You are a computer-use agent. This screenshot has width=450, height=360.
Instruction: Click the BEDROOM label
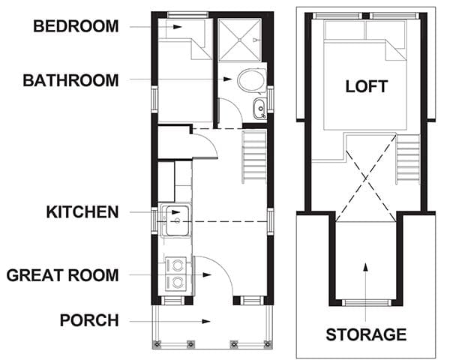click(x=76, y=26)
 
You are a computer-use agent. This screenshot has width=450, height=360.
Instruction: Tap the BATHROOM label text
click(x=70, y=80)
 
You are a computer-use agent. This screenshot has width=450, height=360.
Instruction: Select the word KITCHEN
click(x=82, y=212)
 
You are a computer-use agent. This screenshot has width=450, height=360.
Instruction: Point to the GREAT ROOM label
click(x=62, y=275)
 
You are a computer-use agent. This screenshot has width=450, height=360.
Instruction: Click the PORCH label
click(x=89, y=320)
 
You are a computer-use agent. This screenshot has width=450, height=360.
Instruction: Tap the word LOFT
click(x=367, y=86)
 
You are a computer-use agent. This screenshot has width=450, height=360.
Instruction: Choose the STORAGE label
click(x=366, y=334)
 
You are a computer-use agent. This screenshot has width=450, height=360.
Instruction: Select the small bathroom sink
click(x=260, y=109)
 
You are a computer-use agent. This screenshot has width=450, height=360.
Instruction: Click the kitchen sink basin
click(x=177, y=220)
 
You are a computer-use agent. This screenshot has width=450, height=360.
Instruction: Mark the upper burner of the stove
click(x=178, y=264)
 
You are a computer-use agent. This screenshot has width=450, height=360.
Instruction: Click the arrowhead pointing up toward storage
click(x=366, y=267)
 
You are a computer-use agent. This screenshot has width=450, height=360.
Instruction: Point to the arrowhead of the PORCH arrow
click(x=206, y=321)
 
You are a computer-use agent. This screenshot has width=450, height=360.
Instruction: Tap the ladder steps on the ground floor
click(x=254, y=157)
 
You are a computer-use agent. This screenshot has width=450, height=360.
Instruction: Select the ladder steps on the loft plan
click(x=408, y=160)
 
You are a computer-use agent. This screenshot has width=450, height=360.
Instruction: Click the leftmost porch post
click(x=157, y=343)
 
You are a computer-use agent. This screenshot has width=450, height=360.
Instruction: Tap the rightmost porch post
click(x=268, y=343)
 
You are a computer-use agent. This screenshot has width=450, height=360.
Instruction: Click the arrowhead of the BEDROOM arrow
click(x=177, y=27)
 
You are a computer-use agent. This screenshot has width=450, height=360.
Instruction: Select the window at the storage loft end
click(x=366, y=302)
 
